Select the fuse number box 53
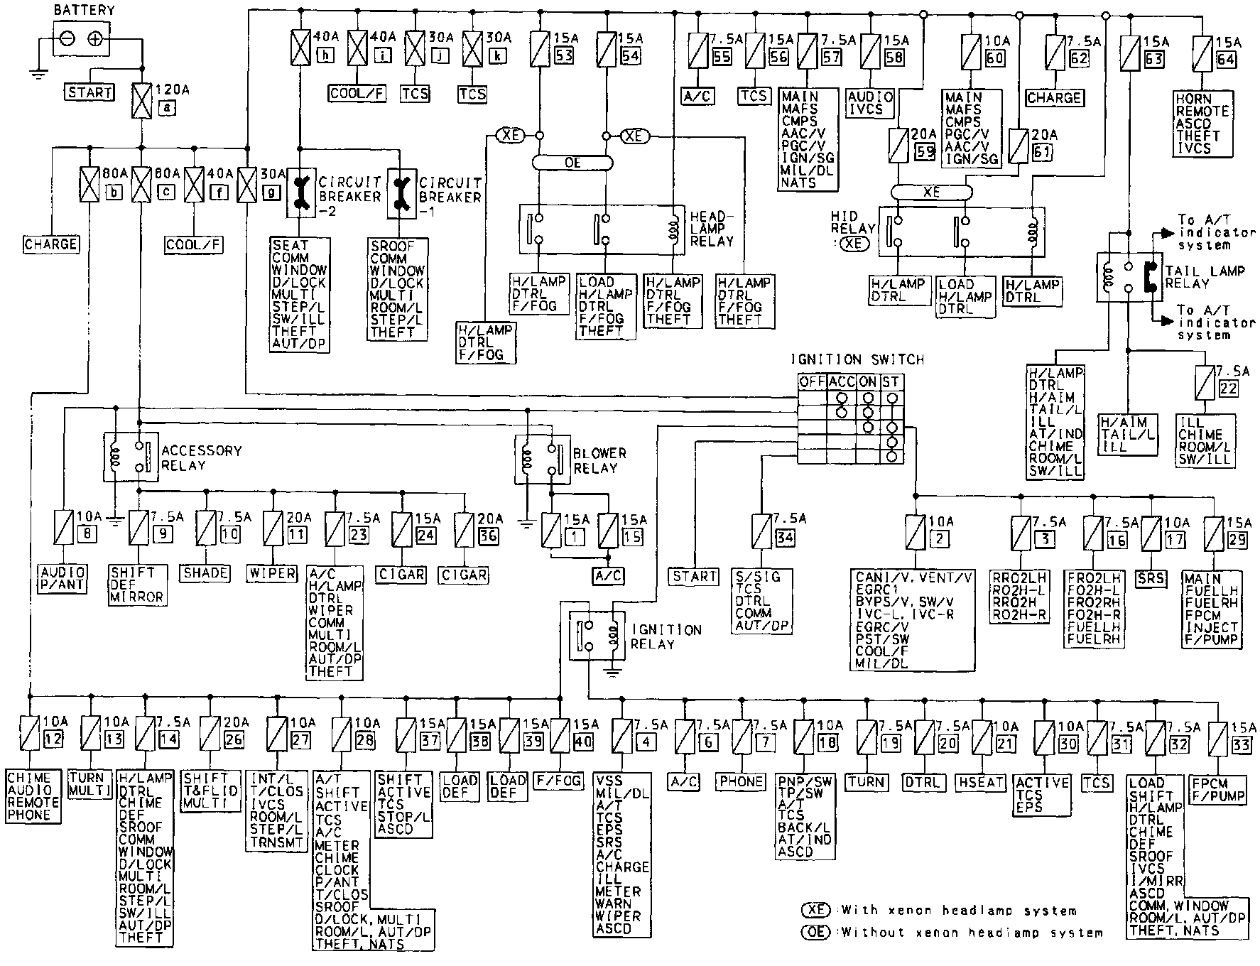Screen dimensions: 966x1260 pos(564,58)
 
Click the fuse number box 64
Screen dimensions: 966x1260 pos(1226,59)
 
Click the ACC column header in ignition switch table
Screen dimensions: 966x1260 pos(841,381)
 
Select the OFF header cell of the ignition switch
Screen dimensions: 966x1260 pos(812,381)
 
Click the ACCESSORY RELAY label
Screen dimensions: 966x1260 pos(201,458)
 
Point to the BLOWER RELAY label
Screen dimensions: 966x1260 pos(599,460)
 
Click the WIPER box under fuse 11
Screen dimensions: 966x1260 pos(272,572)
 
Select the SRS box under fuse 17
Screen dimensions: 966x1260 pos(1151,577)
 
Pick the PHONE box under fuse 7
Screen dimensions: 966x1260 pos(741,781)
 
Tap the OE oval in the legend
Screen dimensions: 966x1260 pos(815,932)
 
